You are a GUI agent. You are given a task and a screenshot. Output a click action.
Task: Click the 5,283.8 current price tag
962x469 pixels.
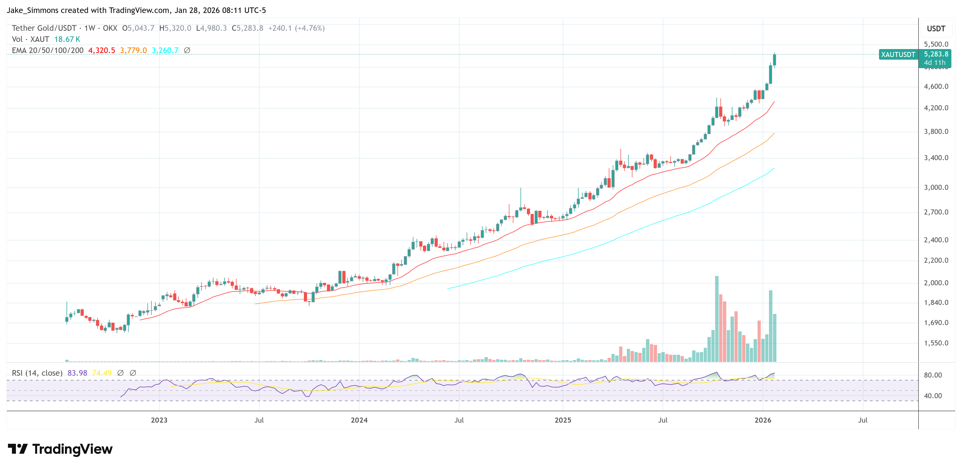[x=935, y=54]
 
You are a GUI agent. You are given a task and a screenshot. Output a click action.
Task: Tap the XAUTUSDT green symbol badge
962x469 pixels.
[x=898, y=55]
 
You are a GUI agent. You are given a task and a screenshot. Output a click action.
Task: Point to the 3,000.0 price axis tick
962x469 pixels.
[x=936, y=187]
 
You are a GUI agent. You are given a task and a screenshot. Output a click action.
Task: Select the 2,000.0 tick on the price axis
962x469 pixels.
[x=936, y=283]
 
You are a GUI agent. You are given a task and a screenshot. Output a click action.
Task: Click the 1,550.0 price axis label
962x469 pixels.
[x=936, y=343]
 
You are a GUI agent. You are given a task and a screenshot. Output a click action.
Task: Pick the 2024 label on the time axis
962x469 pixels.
[x=359, y=420]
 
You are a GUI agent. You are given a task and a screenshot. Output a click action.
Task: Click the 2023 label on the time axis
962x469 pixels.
[x=159, y=420]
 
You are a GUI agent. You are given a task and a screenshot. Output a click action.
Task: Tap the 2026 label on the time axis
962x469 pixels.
[x=763, y=420]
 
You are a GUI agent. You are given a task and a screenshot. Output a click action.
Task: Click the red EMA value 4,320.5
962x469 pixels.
[x=102, y=50]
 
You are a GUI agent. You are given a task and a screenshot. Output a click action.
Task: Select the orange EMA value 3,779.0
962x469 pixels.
[x=133, y=50]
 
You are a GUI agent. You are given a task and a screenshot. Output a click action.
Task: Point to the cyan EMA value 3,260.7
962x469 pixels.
[x=165, y=50]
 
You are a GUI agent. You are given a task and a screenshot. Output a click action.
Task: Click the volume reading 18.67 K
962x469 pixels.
[x=67, y=39]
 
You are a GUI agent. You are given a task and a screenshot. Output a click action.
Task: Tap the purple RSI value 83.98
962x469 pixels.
[x=77, y=373]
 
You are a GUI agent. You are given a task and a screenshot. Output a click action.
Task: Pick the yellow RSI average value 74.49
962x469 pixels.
[x=102, y=373]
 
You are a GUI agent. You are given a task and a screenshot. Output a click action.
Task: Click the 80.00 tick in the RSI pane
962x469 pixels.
[x=933, y=375]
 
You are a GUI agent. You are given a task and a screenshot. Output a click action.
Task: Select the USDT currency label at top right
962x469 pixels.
[x=936, y=29]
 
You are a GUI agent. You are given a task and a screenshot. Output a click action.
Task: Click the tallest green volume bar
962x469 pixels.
[x=717, y=319]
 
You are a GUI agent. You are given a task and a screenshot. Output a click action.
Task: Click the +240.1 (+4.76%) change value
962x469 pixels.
[x=296, y=28]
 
